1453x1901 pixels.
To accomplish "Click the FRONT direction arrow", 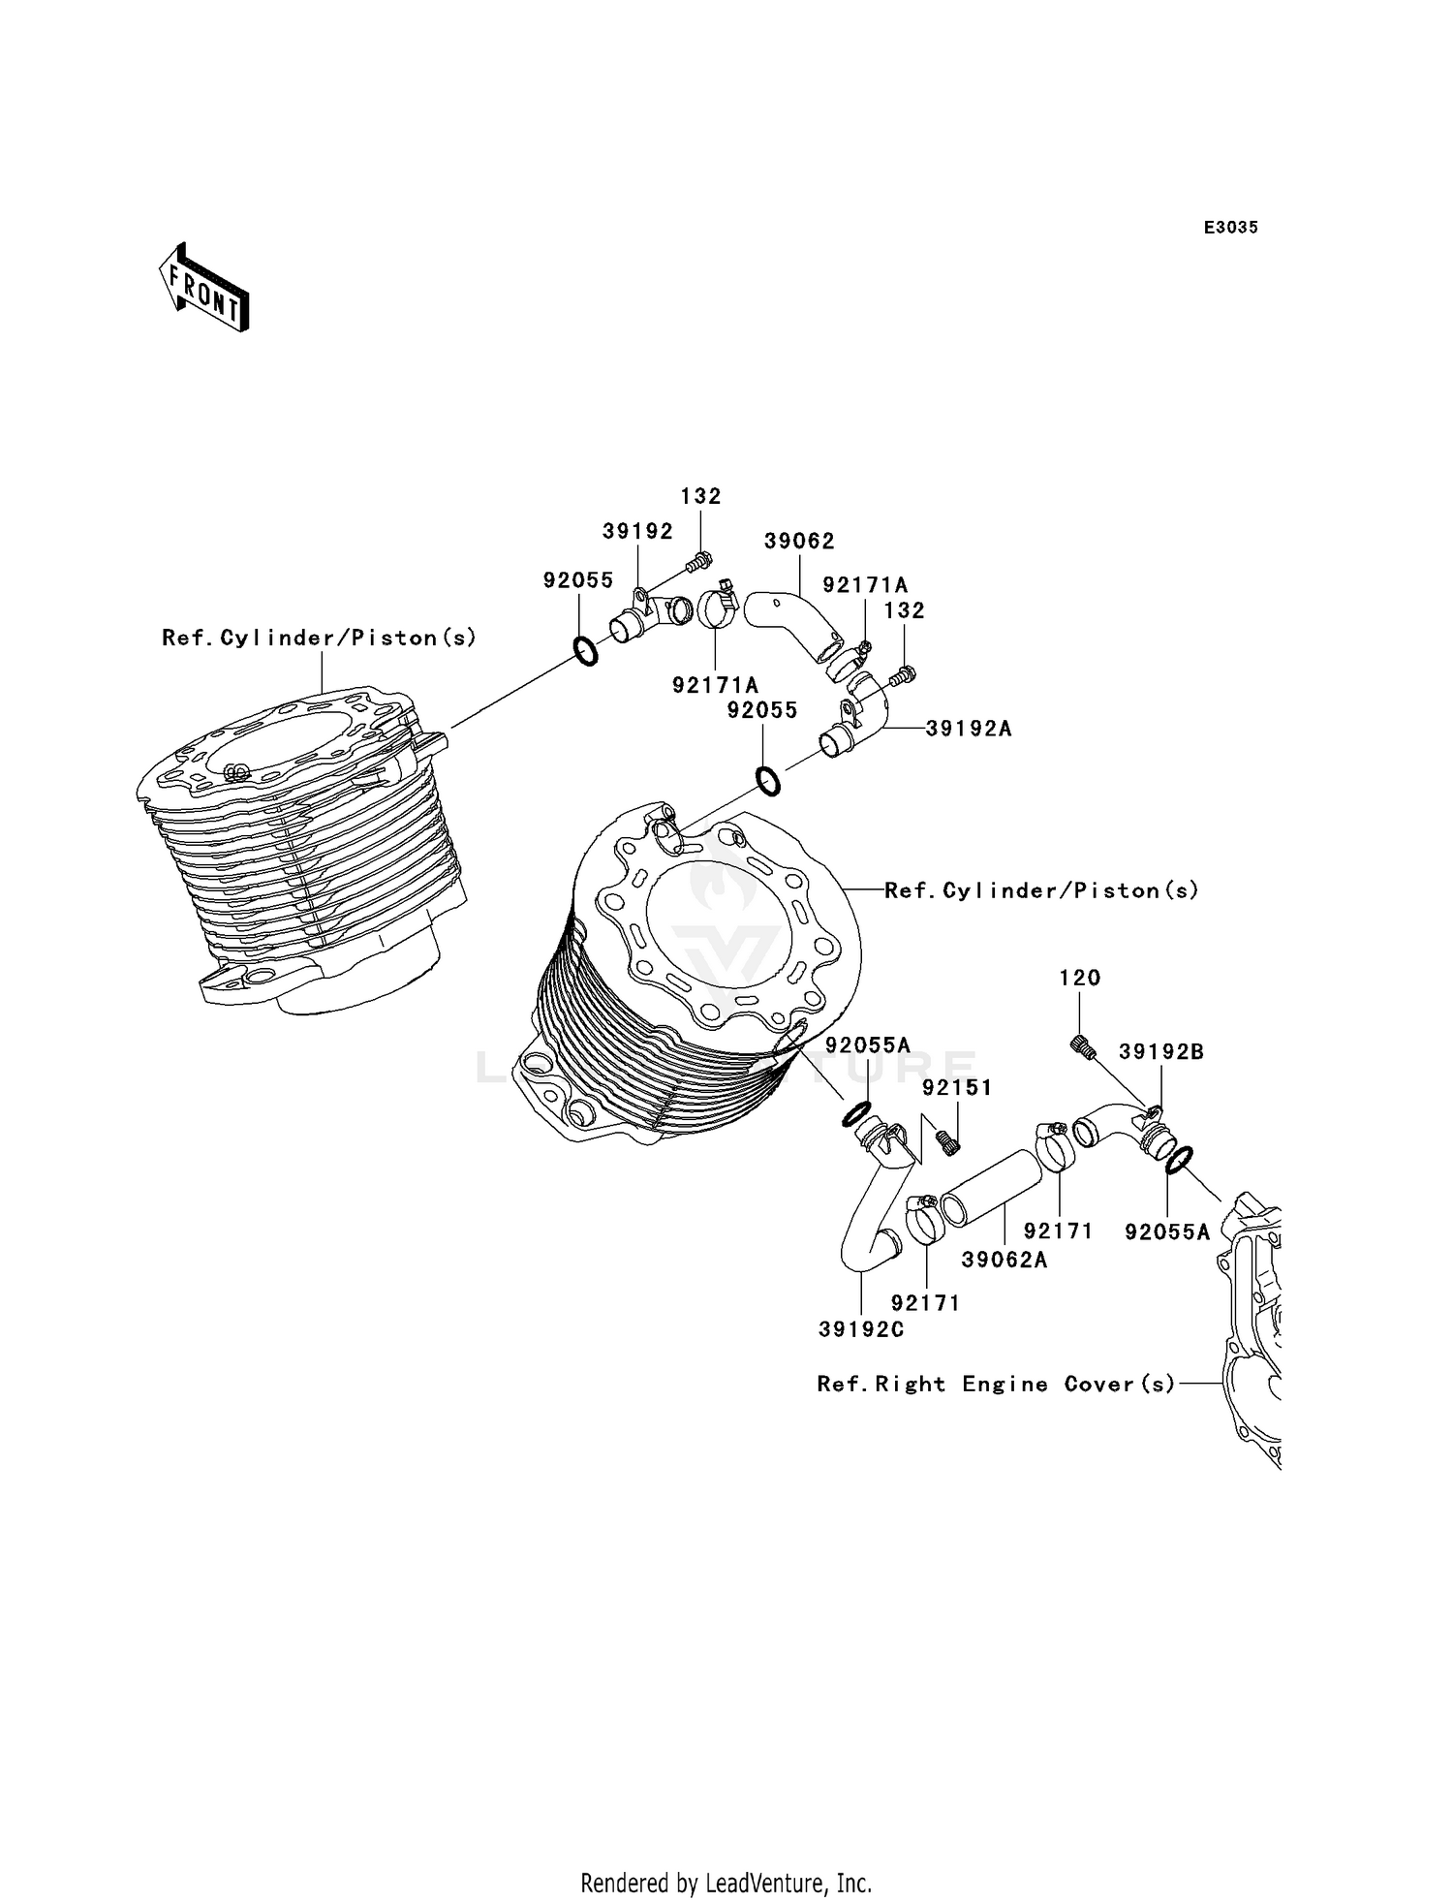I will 204,289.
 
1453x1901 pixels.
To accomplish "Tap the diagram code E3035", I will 1230,228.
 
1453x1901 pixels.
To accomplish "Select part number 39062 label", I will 799,542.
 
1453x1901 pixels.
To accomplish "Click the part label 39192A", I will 969,729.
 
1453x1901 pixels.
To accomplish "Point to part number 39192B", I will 1160,1052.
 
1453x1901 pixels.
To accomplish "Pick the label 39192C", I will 861,1330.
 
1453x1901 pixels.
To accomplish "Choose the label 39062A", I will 1005,1260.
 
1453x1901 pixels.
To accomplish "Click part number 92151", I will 957,1088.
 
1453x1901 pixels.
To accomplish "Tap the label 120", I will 1079,978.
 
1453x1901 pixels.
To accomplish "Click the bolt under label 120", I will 1083,1046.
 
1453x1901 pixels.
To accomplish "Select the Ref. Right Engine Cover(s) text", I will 996,1385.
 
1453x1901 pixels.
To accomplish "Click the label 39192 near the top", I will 637,531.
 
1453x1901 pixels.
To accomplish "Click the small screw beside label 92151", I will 949,1142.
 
